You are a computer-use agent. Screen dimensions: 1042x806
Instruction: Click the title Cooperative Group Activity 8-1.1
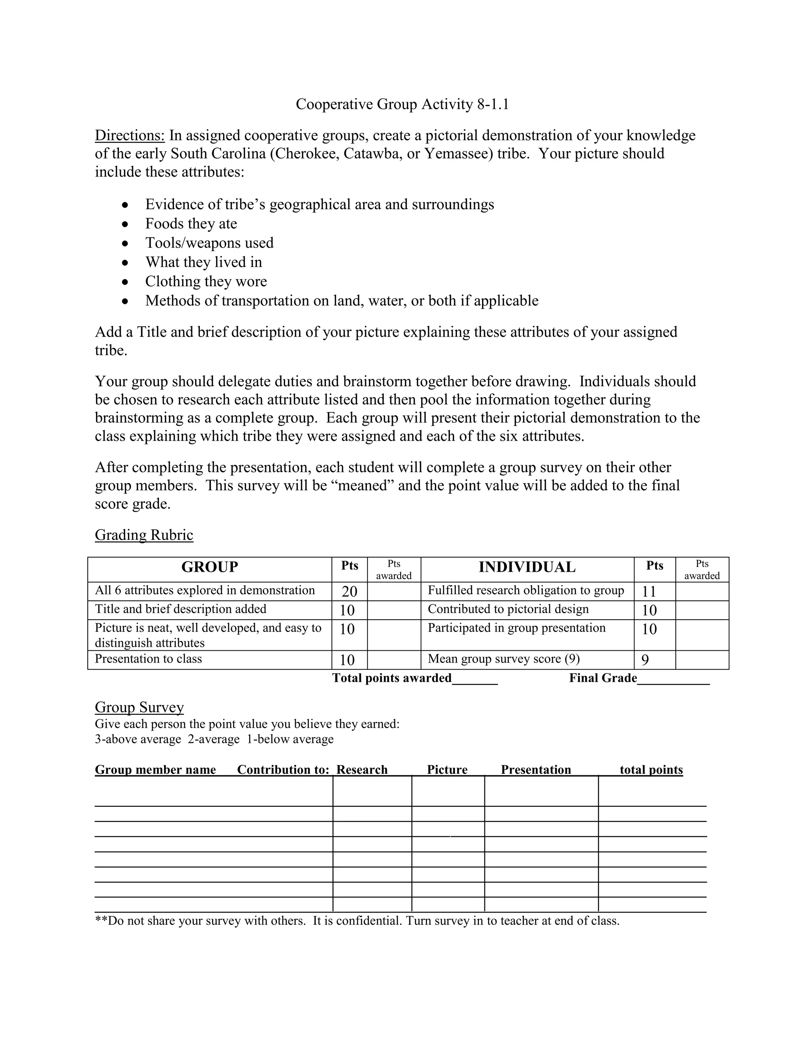coord(402,104)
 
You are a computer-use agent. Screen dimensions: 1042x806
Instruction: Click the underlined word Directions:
coord(129,136)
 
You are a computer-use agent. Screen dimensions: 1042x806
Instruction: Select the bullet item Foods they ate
coord(191,223)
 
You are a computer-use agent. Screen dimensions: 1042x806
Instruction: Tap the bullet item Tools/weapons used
coord(209,243)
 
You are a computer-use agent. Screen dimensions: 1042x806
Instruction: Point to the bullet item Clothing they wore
coord(206,282)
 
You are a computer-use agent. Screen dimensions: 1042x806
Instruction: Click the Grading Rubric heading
coord(144,535)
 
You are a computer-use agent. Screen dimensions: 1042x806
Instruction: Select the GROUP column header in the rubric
coord(210,567)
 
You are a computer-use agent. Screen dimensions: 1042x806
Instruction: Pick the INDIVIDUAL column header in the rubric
coord(527,567)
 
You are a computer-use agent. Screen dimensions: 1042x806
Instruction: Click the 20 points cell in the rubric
coord(349,592)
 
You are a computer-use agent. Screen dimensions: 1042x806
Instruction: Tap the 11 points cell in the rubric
coord(649,592)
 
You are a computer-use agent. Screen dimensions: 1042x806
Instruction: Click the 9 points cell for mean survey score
coord(645,660)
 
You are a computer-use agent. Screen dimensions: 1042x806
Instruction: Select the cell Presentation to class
coord(148,659)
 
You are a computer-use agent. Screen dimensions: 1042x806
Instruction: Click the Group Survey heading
coord(139,707)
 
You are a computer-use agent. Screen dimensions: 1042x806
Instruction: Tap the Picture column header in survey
coord(447,770)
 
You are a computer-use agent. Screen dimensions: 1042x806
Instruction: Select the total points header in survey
coord(651,770)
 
